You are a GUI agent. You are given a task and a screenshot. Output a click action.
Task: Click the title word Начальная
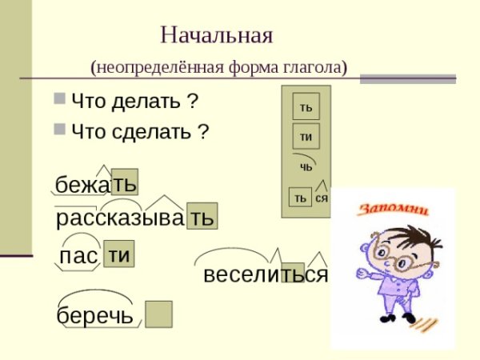click(x=217, y=36)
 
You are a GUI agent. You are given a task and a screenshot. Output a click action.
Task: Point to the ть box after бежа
click(x=124, y=182)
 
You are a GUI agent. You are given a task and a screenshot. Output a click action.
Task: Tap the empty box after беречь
click(x=158, y=314)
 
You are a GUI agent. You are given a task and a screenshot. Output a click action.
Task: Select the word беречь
click(x=95, y=314)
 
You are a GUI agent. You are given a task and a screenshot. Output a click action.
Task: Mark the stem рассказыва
click(x=120, y=218)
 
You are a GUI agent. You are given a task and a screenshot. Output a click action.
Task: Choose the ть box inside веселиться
click(x=292, y=274)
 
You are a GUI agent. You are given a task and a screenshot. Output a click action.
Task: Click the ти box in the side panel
click(x=306, y=136)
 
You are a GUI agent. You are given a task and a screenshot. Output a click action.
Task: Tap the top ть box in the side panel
click(x=306, y=106)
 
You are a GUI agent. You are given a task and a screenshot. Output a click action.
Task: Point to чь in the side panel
click(x=306, y=167)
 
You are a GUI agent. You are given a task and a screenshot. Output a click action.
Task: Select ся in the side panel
click(x=322, y=198)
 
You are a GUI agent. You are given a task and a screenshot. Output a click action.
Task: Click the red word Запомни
click(x=392, y=210)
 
